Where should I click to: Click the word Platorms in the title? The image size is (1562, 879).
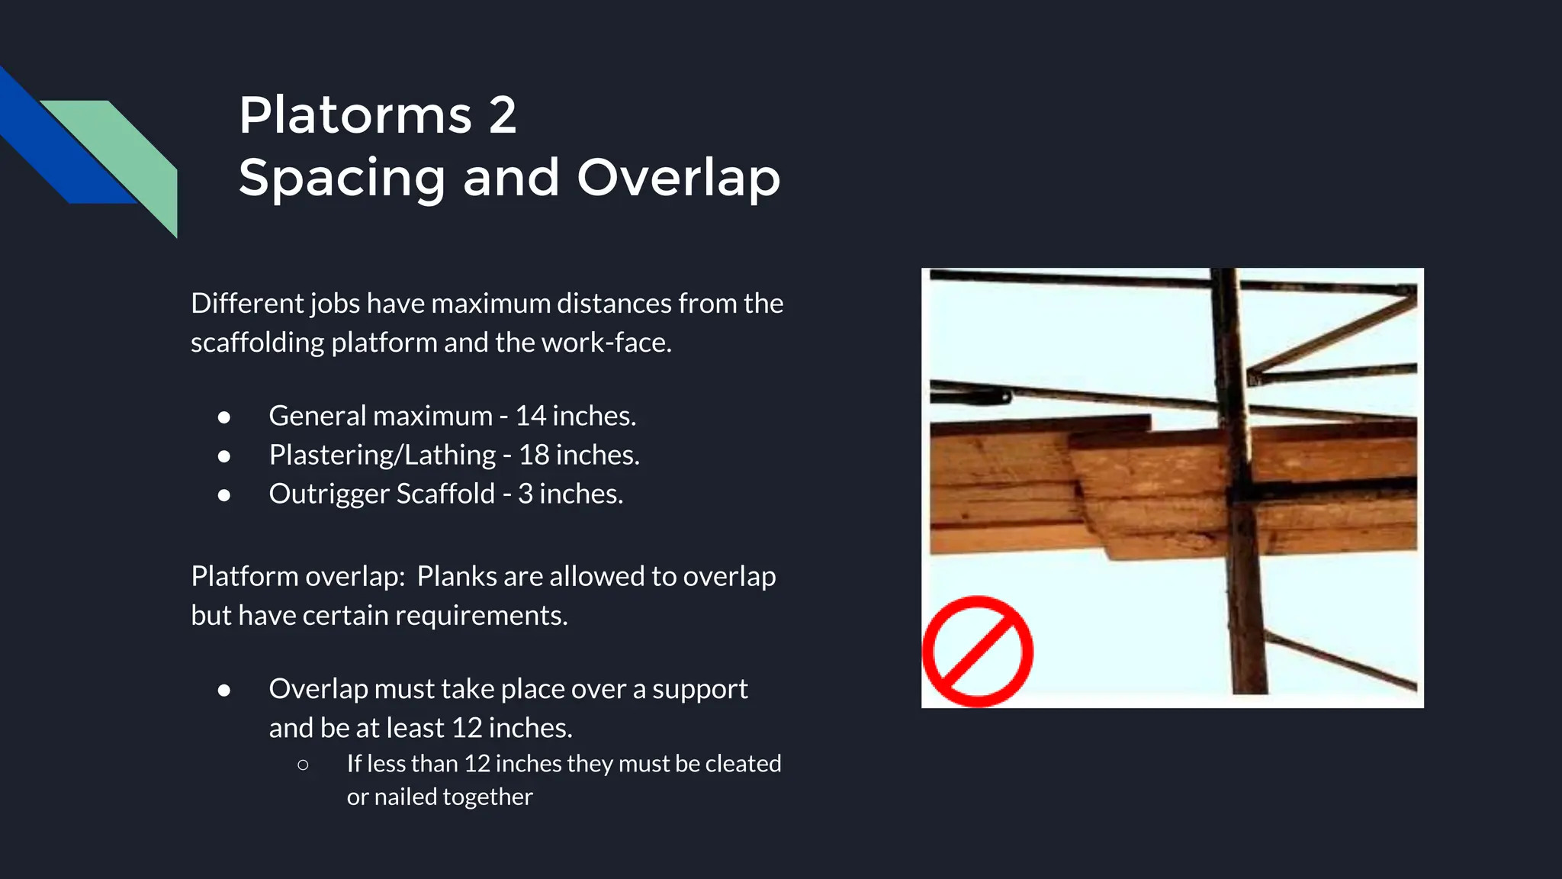coord(355,116)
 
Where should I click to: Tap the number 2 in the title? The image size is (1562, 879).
coord(503,116)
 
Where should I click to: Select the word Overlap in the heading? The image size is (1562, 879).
coord(678,178)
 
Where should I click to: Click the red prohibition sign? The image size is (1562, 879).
coord(977,651)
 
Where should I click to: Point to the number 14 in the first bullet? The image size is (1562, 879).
coord(531,416)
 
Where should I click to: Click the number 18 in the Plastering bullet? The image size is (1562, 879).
coord(534,455)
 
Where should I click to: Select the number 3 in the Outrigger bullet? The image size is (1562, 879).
coord(525,494)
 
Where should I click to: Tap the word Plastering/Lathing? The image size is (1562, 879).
coord(382,456)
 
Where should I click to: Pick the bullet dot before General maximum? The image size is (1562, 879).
coord(224,417)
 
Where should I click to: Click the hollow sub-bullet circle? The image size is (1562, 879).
coord(303,764)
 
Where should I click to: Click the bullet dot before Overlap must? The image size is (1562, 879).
coord(224,690)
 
